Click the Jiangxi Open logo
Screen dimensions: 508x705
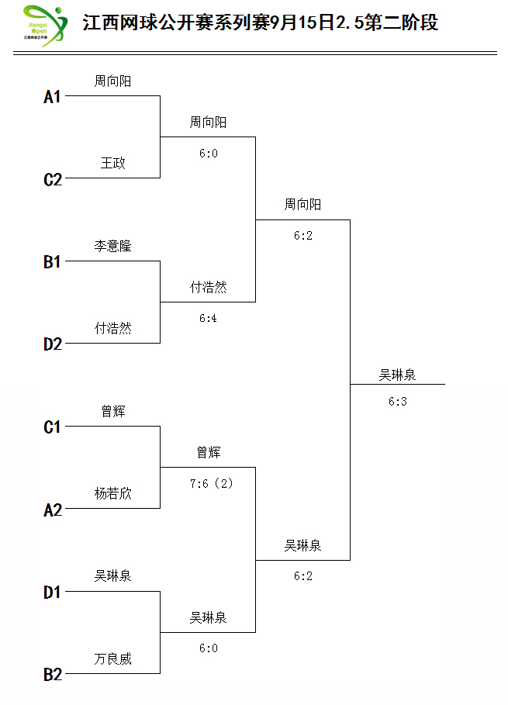coord(45,26)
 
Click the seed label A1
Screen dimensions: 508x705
coord(52,97)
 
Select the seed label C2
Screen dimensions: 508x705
coord(53,180)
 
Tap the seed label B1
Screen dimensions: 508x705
coord(52,261)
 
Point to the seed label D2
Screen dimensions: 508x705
coord(53,344)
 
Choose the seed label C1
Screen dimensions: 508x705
coord(52,427)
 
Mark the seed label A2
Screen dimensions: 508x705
coord(53,510)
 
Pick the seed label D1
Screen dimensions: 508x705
coord(52,593)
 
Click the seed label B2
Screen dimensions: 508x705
coord(53,675)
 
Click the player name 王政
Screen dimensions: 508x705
coord(112,163)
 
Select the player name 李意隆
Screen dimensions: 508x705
coord(112,246)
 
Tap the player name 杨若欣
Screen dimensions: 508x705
coord(112,494)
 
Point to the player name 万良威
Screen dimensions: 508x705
coord(112,658)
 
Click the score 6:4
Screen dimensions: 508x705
coord(208,318)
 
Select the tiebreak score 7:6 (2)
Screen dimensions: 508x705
coord(211,483)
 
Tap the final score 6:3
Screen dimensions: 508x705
coord(398,401)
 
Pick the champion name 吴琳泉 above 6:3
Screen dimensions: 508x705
coord(397,375)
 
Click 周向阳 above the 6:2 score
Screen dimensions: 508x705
coord(302,205)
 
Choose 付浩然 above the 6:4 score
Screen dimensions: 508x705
coord(208,287)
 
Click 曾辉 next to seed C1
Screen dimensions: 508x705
coord(113,411)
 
